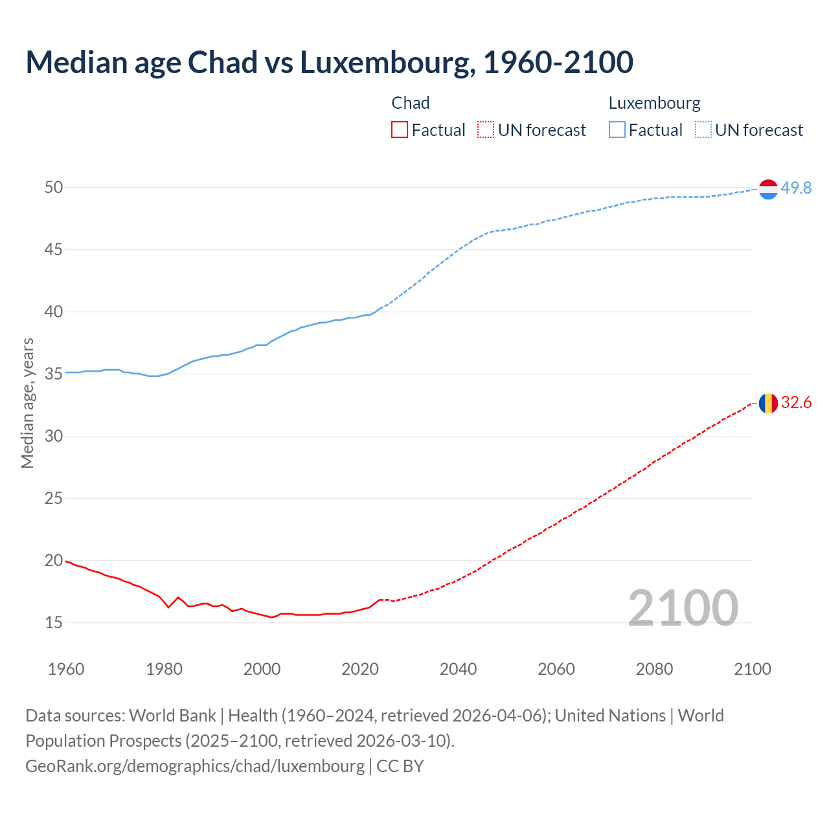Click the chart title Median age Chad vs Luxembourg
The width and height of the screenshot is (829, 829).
[x=329, y=62]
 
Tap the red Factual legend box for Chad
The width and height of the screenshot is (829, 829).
[x=400, y=130]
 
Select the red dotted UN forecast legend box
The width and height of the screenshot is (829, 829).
[x=486, y=130]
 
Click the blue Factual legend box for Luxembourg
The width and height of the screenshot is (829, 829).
[x=617, y=130]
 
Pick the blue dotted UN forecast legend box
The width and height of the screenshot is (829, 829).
[x=703, y=130]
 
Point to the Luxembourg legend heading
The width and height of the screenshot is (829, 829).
[x=654, y=103]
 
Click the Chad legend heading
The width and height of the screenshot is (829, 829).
[x=411, y=103]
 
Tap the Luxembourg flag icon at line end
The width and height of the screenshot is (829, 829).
[x=768, y=189]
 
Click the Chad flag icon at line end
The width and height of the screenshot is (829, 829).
[x=768, y=403]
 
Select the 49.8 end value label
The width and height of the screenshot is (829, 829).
[x=796, y=188]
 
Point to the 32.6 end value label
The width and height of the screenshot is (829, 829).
[x=796, y=403]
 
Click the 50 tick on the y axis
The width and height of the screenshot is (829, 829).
[x=54, y=188]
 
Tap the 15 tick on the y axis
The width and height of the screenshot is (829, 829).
[x=54, y=623]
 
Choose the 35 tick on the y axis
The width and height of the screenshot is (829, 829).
[x=54, y=374]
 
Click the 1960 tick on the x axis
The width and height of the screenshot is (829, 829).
[x=66, y=669]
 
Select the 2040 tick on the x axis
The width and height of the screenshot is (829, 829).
[x=458, y=669]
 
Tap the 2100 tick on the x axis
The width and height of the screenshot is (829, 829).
[x=752, y=669]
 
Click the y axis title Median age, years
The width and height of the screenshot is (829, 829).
[x=27, y=403]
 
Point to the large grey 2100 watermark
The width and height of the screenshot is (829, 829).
[x=683, y=608]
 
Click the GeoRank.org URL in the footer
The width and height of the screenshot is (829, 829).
[x=195, y=766]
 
